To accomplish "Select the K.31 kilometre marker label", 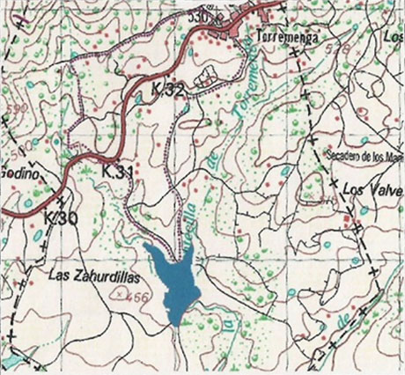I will click(117, 170).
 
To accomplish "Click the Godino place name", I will click(22, 173).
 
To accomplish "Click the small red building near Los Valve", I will click(349, 215).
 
